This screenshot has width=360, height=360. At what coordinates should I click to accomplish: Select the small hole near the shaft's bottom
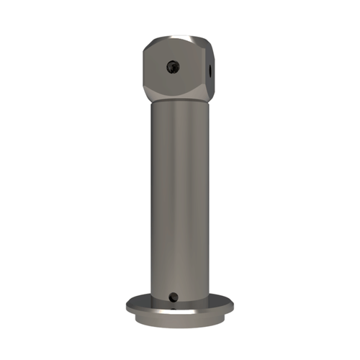174,294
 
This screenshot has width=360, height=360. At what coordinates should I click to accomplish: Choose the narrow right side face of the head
210,68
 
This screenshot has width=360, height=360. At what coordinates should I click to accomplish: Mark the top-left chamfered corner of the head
146,44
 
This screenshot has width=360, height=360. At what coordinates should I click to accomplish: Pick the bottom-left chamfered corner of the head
148,95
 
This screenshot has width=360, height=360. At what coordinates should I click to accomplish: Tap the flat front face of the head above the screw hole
172,52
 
